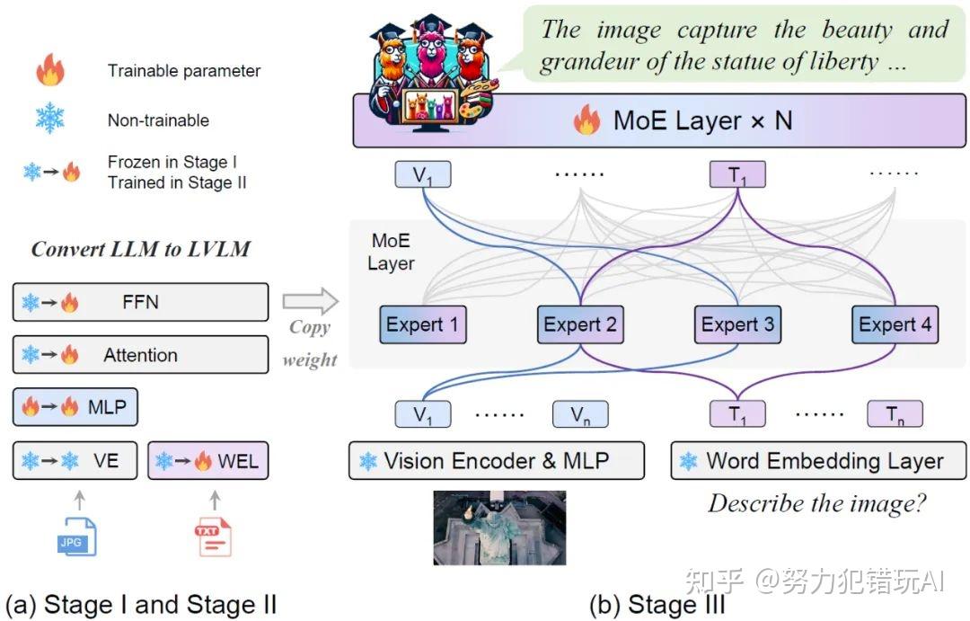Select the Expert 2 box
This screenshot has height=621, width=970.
pyautogui.click(x=580, y=324)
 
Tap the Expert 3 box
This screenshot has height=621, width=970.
pyautogui.click(x=737, y=324)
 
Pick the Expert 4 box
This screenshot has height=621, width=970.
pyautogui.click(x=895, y=324)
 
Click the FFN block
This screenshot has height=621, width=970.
pyautogui.click(x=140, y=302)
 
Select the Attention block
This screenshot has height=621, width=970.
pyautogui.click(x=140, y=354)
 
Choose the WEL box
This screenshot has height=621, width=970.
pyautogui.click(x=207, y=461)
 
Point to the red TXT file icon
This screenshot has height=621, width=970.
pyautogui.click(x=213, y=536)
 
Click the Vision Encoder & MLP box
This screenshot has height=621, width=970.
pyautogui.click(x=496, y=461)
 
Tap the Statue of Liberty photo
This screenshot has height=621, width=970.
pyautogui.click(x=499, y=528)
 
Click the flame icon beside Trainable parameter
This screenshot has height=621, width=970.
pyautogui.click(x=50, y=70)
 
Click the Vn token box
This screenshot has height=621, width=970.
pyautogui.click(x=580, y=414)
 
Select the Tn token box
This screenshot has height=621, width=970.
pyautogui.click(x=895, y=414)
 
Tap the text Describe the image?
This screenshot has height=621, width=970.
pyautogui.click(x=816, y=503)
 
